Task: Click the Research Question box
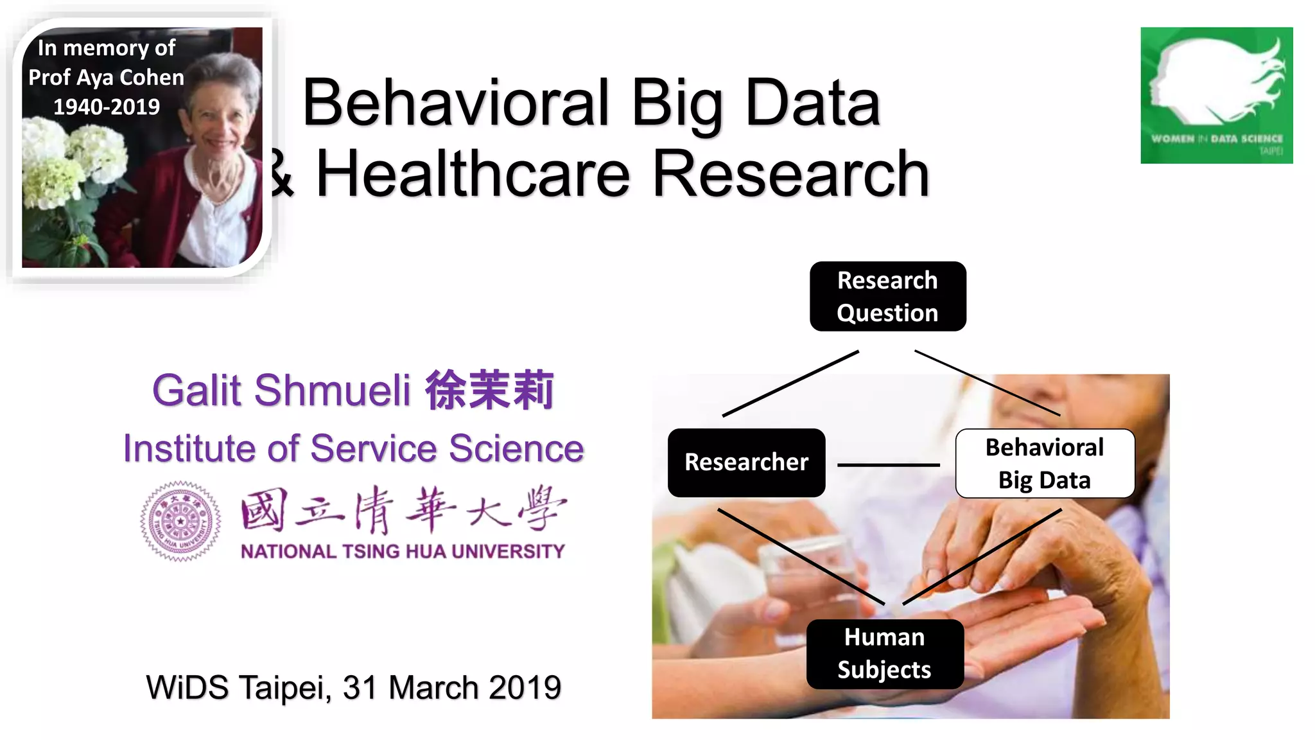pyautogui.click(x=887, y=296)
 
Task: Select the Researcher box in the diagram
pyautogui.click(x=746, y=463)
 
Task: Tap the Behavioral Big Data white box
pyautogui.click(x=1045, y=463)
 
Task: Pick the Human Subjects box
pyautogui.click(x=884, y=653)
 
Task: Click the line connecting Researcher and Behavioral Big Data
pyautogui.click(x=888, y=464)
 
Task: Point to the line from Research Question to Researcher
pyautogui.click(x=791, y=383)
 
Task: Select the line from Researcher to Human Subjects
pyautogui.click(x=801, y=556)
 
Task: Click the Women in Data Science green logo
pyautogui.click(x=1216, y=95)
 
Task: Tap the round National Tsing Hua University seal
pyautogui.click(x=180, y=521)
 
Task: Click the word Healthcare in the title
pyautogui.click(x=473, y=173)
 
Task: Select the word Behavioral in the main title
pyautogui.click(x=455, y=103)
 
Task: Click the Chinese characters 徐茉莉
pyautogui.click(x=489, y=390)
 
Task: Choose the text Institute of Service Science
pyautogui.click(x=353, y=448)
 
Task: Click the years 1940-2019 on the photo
pyautogui.click(x=106, y=107)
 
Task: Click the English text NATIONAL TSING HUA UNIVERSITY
pyautogui.click(x=403, y=551)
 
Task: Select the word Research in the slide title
pyautogui.click(x=790, y=173)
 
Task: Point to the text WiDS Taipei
pyautogui.click(x=238, y=687)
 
